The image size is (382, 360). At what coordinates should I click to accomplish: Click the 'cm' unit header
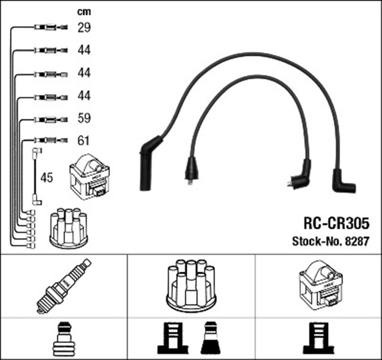coord(84,11)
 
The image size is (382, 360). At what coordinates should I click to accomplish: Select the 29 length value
coord(84,27)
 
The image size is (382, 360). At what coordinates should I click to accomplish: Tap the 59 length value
coord(84,118)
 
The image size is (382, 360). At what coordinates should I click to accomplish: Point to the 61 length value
coord(84,141)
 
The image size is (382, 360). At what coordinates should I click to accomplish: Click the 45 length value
coord(47,177)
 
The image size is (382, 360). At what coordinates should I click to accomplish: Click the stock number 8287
coord(331,242)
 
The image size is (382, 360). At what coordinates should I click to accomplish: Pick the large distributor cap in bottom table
coord(191,285)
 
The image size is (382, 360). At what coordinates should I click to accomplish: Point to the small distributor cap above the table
coord(68,227)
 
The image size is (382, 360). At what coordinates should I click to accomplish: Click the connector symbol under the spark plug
coord(63,339)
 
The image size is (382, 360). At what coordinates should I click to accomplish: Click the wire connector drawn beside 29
coord(48,27)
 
